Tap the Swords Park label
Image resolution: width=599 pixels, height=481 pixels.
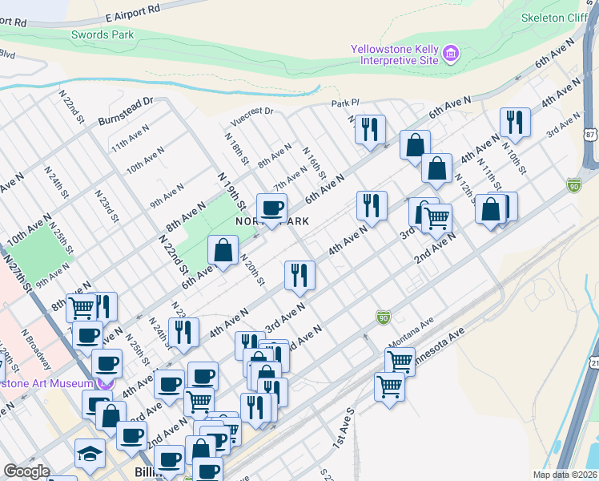point(103,34)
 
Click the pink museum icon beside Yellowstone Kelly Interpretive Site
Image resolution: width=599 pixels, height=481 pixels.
point(452,55)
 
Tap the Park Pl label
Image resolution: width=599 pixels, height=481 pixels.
point(346,104)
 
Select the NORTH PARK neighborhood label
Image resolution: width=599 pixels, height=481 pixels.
point(272,220)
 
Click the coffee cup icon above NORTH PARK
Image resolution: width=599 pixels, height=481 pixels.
point(271,208)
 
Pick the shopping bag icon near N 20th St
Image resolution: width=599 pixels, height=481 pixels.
point(223,250)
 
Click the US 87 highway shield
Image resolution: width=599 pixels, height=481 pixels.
point(590,135)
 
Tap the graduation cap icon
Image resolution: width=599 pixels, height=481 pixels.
point(90,454)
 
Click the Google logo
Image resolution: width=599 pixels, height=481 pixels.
point(26,471)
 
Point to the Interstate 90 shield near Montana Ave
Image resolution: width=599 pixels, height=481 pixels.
point(383,318)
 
